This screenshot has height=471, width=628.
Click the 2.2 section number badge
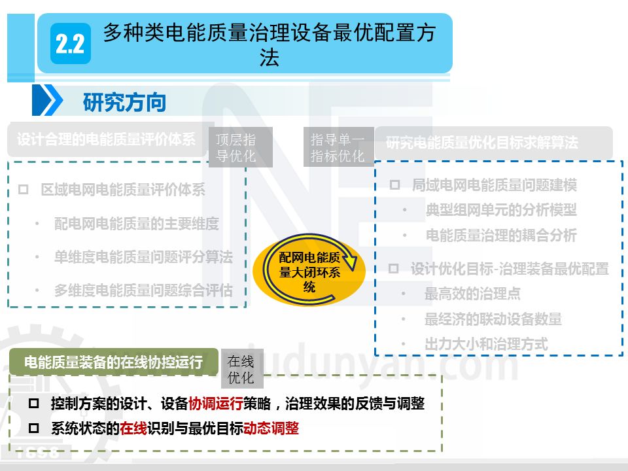pyautogui.click(x=71, y=44)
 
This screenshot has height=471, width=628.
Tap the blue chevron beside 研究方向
pyautogui.click(x=48, y=101)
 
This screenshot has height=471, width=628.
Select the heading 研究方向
pyautogui.click(x=124, y=102)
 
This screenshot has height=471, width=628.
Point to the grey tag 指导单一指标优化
pyautogui.click(x=338, y=147)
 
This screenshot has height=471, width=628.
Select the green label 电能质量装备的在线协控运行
pyautogui.click(x=113, y=362)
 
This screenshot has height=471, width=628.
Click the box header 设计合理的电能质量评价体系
pyautogui.click(x=107, y=139)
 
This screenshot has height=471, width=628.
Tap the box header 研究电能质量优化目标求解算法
pyautogui.click(x=482, y=142)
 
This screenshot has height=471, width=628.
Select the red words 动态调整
pyautogui.click(x=271, y=428)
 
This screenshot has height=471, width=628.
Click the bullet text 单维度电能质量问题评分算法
pyautogui.click(x=143, y=257)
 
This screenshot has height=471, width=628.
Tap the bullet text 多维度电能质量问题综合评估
pyautogui.click(x=143, y=290)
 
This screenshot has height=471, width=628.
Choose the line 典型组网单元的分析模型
pyautogui.click(x=501, y=210)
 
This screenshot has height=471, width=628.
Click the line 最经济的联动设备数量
pyautogui.click(x=493, y=319)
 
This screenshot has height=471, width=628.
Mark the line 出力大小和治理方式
pyautogui.click(x=486, y=344)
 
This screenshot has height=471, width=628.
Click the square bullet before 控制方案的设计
pyautogui.click(x=34, y=404)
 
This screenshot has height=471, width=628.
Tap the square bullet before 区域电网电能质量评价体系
pyautogui.click(x=24, y=190)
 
